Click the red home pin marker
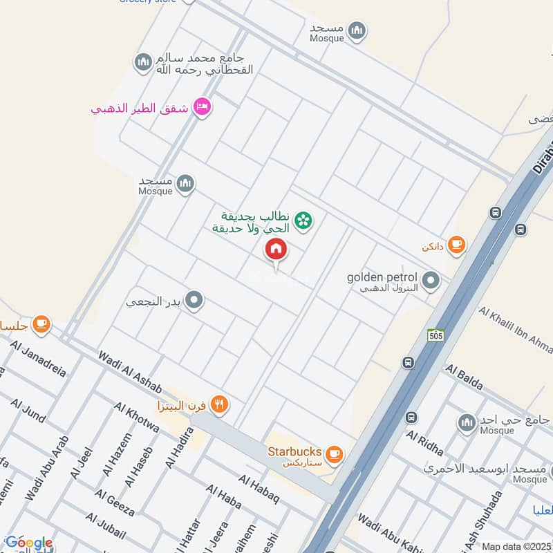[276, 250]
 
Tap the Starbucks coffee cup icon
[335, 453]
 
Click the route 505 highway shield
[435, 335]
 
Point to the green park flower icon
[303, 221]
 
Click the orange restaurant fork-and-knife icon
[220, 404]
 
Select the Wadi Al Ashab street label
[129, 371]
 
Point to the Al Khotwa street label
[136, 418]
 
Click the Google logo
[28, 543]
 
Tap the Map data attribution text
[516, 546]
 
